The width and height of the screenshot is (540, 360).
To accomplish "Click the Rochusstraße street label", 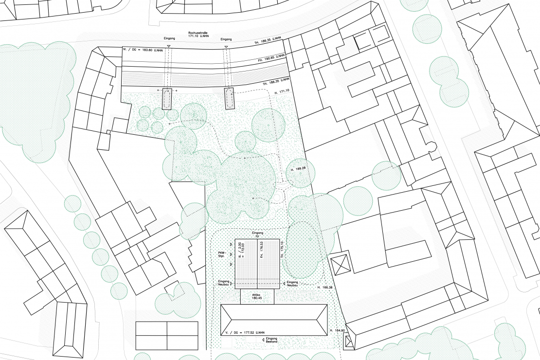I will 198,34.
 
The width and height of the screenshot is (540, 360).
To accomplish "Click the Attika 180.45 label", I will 257,297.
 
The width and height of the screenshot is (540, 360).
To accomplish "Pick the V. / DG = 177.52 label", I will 245,332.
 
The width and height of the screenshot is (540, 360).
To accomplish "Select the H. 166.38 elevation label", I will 324,288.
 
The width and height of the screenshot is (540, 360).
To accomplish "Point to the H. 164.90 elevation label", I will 336,330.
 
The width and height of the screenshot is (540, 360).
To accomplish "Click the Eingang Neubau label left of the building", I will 223,284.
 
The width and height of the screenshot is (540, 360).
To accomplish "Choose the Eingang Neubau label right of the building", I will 292,284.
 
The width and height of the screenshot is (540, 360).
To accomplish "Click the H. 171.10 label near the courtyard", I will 282,91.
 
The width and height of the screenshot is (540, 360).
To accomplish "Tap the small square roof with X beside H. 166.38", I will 341,263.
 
